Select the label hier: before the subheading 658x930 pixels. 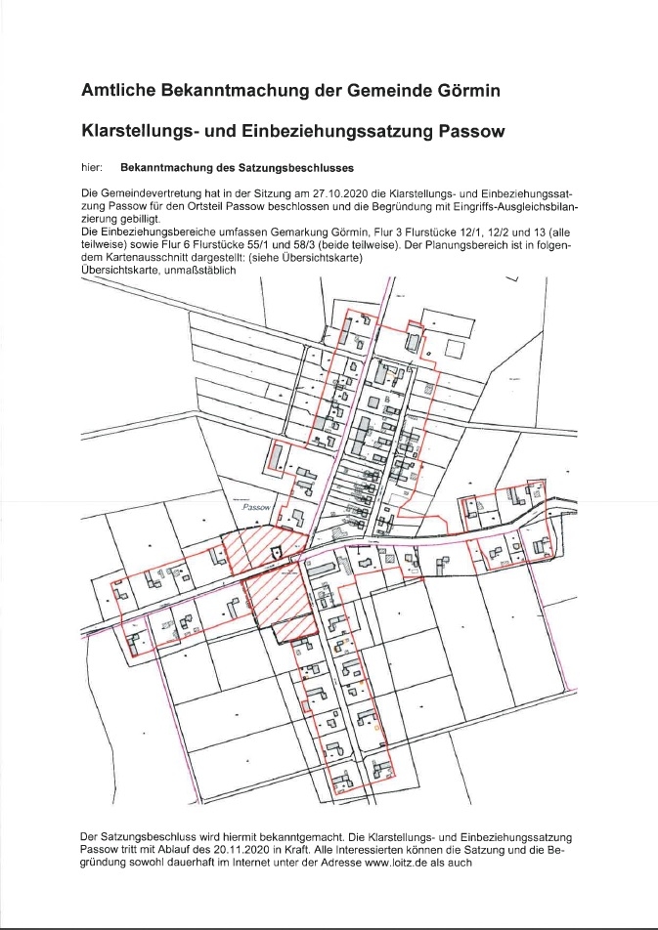click(x=93, y=168)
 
